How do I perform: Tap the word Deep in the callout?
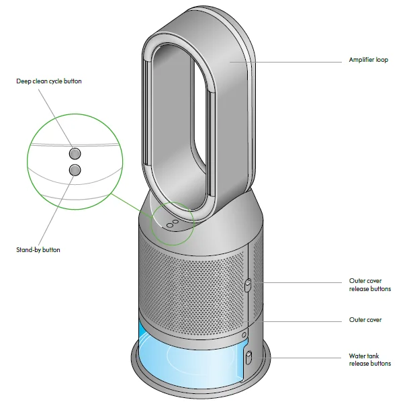coord(24,81)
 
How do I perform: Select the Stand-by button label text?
coord(38,249)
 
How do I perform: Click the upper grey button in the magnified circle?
coord(75,151)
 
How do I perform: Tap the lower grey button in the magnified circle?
coord(75,169)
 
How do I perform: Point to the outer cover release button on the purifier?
coord(247,286)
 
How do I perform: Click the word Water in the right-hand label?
coord(358,356)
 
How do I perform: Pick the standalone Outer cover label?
coord(365,320)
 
